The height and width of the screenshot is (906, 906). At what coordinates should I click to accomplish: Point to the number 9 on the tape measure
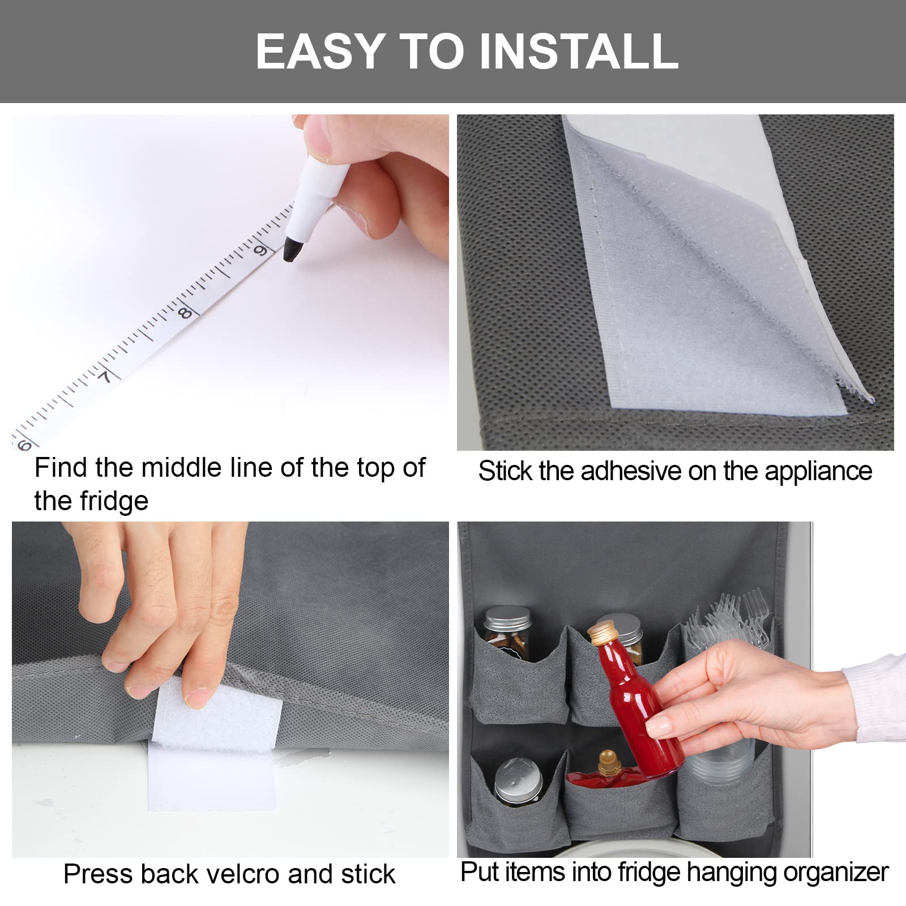point(260,250)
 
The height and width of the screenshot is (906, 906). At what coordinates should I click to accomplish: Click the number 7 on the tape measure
point(106,377)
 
